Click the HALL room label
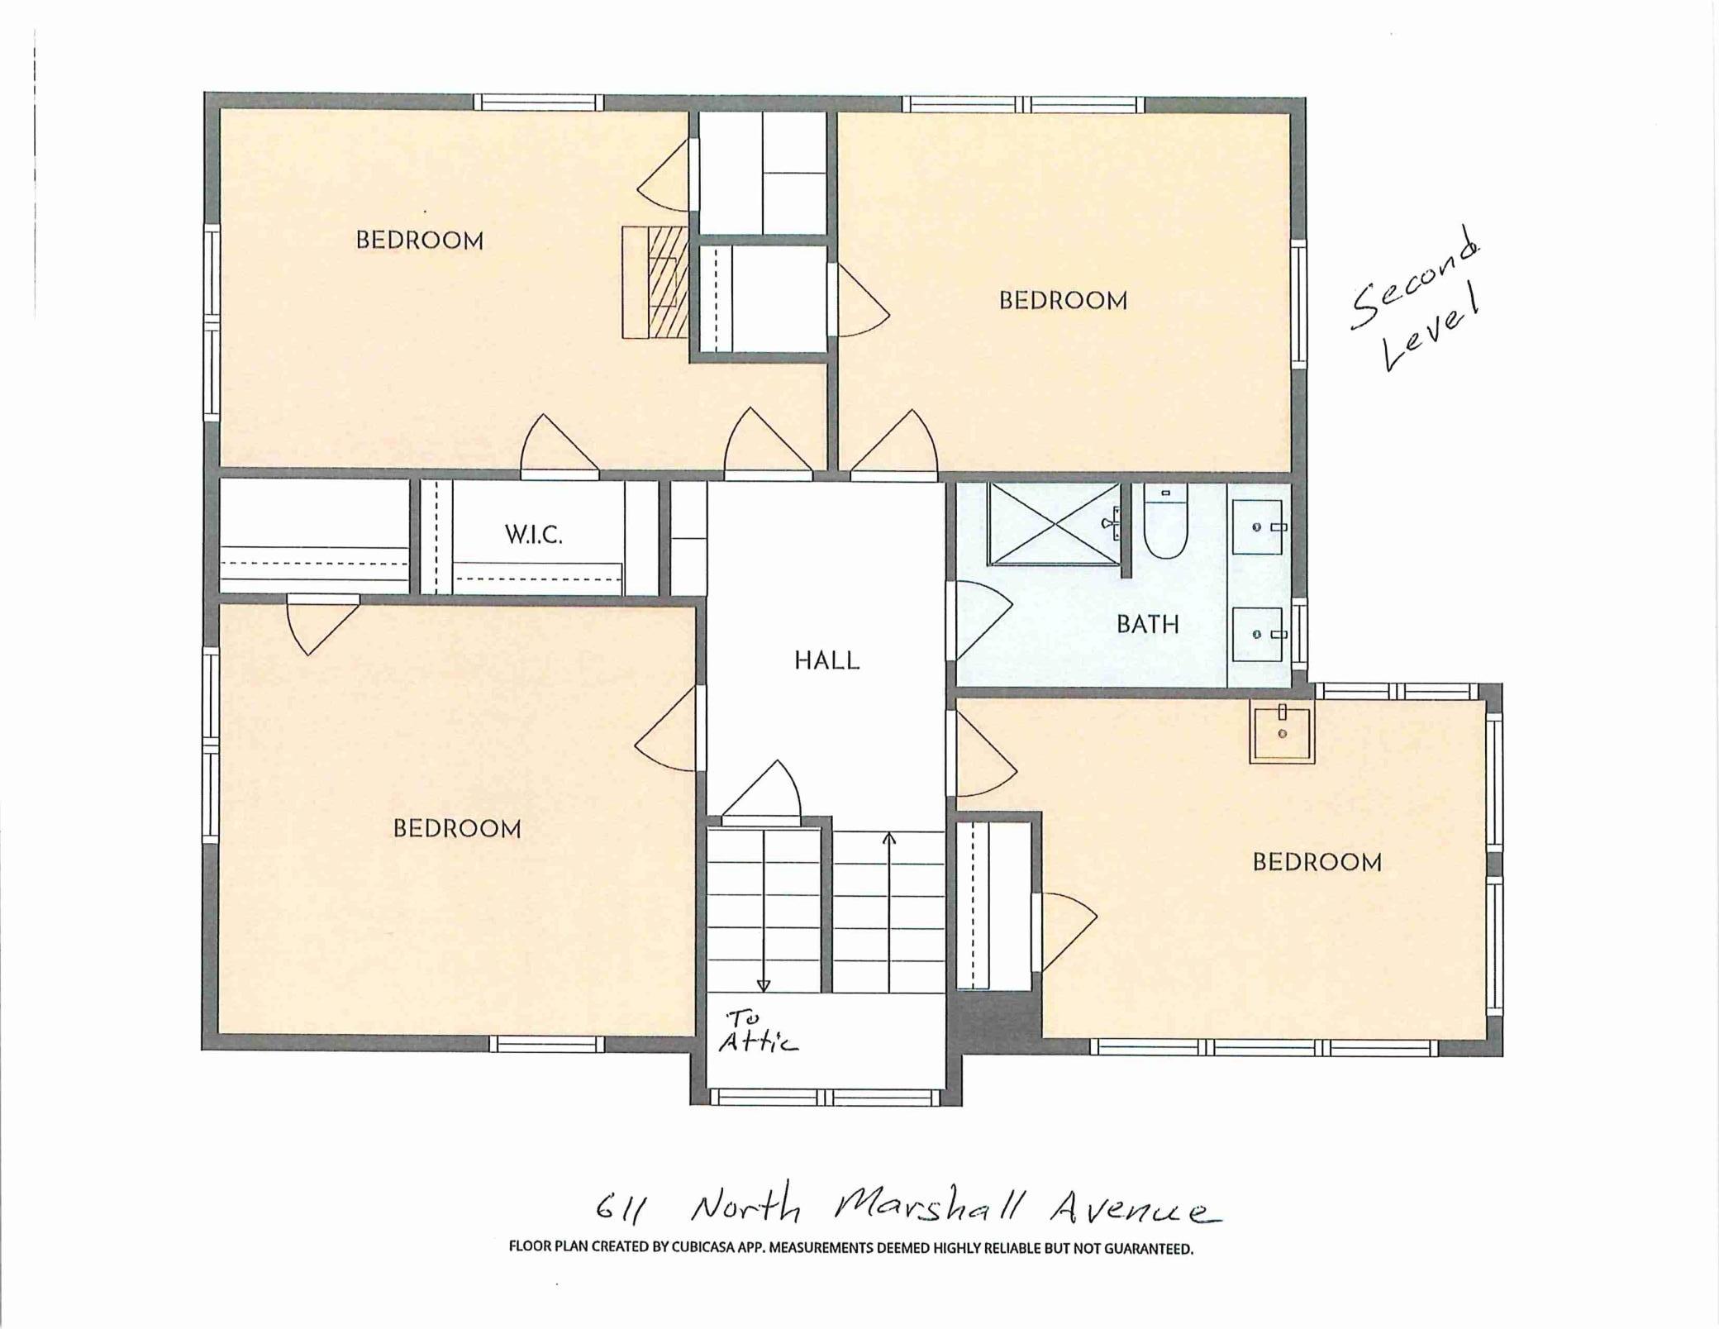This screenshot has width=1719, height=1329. [x=827, y=660]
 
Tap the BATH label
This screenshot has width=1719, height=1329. [x=1148, y=624]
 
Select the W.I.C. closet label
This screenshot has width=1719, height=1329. [x=534, y=535]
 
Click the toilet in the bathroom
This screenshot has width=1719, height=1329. [x=1165, y=521]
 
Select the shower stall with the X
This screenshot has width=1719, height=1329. [x=1054, y=524]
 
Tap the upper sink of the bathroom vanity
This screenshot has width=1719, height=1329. [x=1258, y=526]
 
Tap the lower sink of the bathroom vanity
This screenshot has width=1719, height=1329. [x=1258, y=634]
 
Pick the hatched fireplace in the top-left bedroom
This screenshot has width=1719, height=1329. [x=655, y=282]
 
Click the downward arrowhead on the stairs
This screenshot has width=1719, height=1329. [x=764, y=986]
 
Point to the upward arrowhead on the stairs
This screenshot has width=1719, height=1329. [x=889, y=839]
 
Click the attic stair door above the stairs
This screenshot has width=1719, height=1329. [x=761, y=792]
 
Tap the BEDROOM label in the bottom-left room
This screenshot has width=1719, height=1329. [x=457, y=829]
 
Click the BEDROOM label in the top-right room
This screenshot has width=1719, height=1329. [x=1064, y=300]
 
